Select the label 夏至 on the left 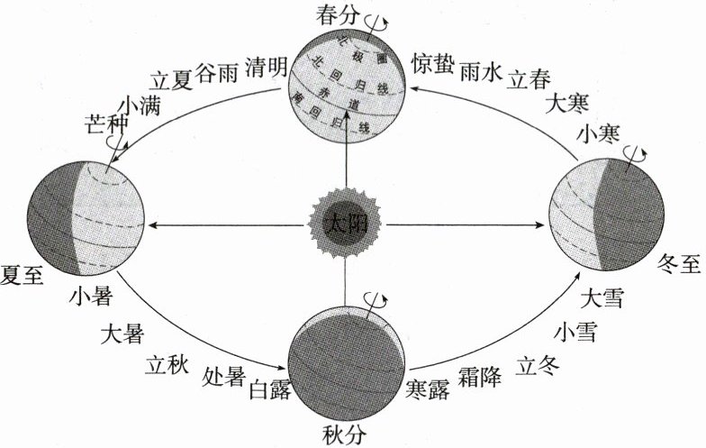click(23, 272)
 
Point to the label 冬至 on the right click(679, 264)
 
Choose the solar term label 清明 click(266, 67)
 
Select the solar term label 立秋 click(166, 363)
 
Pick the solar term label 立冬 click(539, 365)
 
